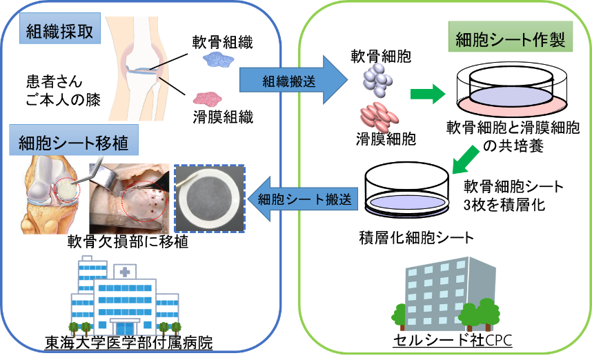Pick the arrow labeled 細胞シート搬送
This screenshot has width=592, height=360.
[x=304, y=199]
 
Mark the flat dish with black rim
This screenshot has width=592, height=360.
[x=408, y=201]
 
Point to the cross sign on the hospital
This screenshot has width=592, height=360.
[x=124, y=272]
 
